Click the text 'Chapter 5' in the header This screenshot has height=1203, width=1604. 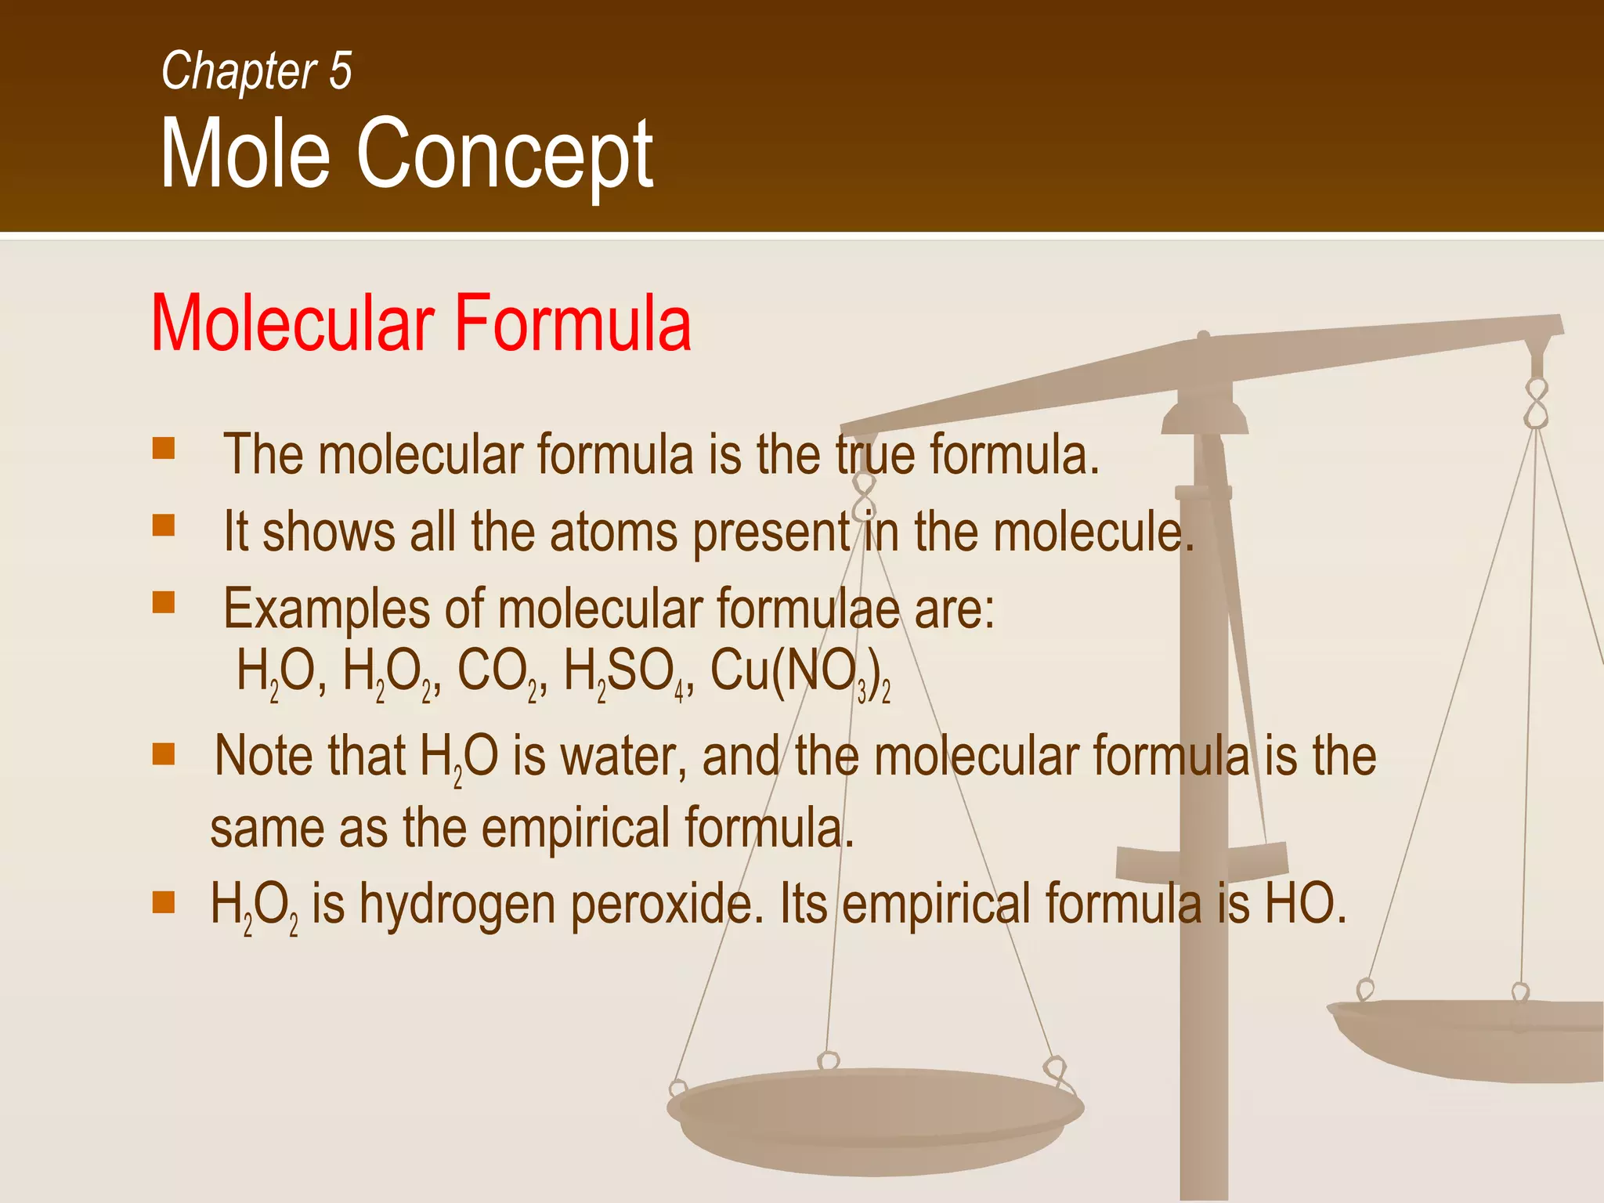pyautogui.click(x=256, y=71)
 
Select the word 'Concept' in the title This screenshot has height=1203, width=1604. pyautogui.click(x=504, y=154)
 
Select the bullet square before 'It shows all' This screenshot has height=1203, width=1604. pyautogui.click(x=164, y=525)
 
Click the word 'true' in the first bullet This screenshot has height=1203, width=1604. pyautogui.click(x=874, y=454)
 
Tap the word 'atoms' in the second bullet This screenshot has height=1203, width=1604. pyautogui.click(x=613, y=532)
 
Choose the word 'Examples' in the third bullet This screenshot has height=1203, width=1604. pyautogui.click(x=327, y=609)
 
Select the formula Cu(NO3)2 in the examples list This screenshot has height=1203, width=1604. pyautogui.click(x=799, y=672)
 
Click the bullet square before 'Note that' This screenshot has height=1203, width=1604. pyautogui.click(x=164, y=754)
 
